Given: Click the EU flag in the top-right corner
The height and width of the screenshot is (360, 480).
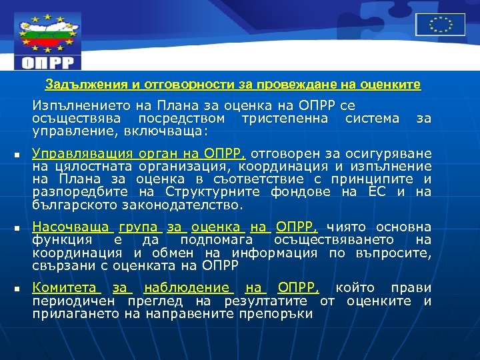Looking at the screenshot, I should pos(441,25).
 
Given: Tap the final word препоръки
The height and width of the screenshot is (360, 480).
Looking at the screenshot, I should pos(274,313).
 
